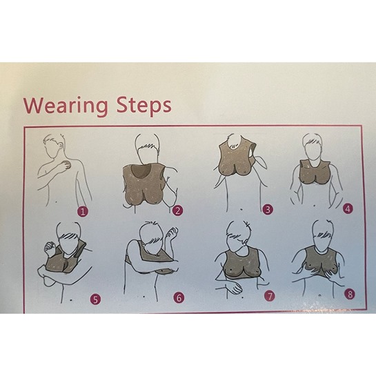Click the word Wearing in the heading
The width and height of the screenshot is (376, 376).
(66, 106)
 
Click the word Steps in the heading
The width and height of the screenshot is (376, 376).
(144, 106)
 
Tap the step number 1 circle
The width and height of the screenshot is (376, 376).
(83, 212)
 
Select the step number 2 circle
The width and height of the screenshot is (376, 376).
(177, 210)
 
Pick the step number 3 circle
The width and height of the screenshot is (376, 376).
(268, 210)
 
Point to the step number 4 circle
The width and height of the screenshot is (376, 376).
(348, 209)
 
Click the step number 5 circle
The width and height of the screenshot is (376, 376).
(95, 299)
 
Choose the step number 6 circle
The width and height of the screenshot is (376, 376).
(179, 297)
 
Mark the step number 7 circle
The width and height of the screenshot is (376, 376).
(270, 297)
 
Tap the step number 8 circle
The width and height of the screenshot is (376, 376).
(350, 294)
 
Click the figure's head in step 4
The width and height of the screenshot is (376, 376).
(312, 146)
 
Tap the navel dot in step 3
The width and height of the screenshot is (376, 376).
(241, 209)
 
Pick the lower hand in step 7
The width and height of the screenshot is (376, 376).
(233, 288)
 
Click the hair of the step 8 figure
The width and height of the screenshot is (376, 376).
(324, 233)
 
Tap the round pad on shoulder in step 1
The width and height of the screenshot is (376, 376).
(66, 165)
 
